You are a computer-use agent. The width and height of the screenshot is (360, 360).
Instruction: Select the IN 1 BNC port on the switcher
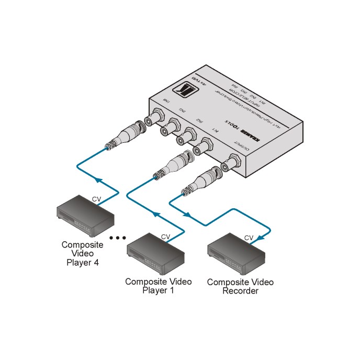203,147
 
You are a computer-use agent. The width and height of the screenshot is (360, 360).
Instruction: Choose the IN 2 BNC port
186,137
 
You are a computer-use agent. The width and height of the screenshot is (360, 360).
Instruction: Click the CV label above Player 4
96,199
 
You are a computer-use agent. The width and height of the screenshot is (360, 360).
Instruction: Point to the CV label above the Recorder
249,238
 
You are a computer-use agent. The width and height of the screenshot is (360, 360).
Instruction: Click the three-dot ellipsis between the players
118,238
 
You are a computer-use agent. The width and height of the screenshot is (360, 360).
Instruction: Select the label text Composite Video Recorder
240,286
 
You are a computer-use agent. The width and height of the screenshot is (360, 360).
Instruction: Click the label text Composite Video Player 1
158,286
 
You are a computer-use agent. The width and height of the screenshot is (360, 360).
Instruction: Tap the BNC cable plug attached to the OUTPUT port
202,181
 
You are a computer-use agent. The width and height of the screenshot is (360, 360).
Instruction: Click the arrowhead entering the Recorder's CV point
260,237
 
